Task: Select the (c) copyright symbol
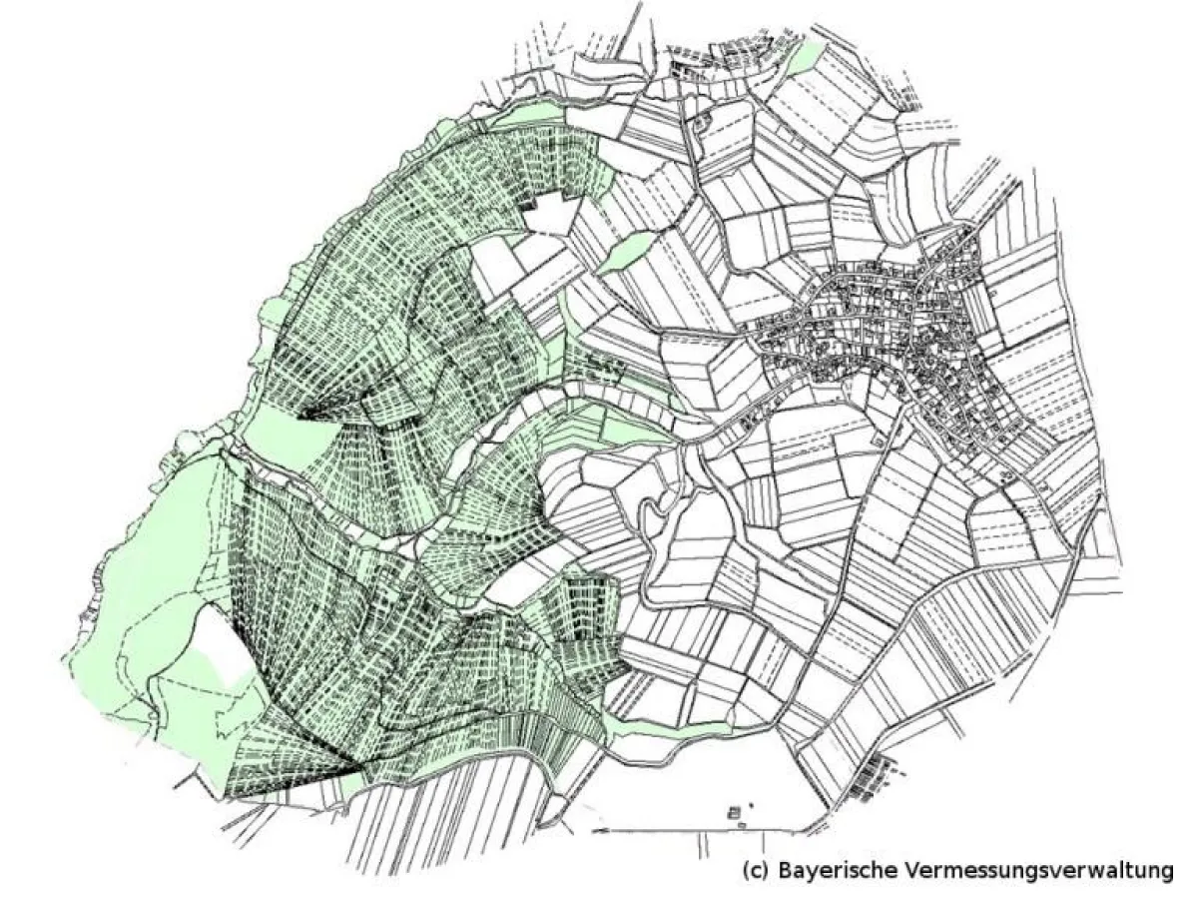[754, 869]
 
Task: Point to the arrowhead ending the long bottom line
[597, 828]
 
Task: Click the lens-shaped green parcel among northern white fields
[626, 252]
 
